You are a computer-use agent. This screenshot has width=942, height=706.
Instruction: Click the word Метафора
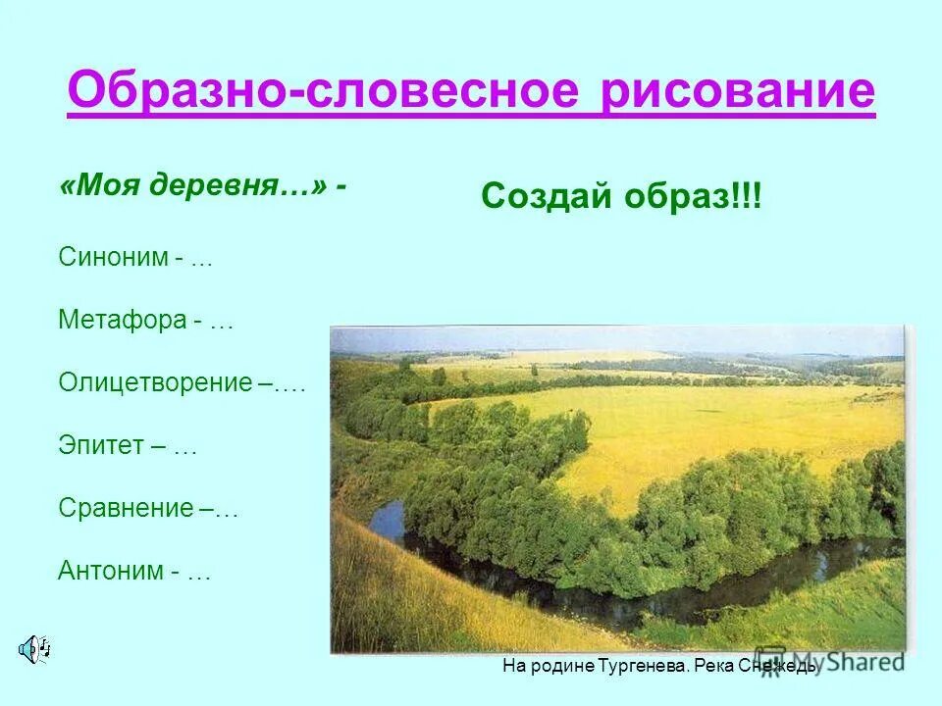click(x=119, y=321)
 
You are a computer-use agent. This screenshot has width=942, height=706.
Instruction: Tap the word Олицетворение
click(x=155, y=382)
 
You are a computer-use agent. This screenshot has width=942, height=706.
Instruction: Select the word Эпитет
click(x=99, y=446)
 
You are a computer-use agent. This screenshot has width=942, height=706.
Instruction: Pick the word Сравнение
click(x=126, y=508)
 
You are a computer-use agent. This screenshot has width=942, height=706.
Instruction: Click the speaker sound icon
click(x=35, y=647)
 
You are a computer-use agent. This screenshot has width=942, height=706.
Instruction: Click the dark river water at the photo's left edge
click(x=387, y=521)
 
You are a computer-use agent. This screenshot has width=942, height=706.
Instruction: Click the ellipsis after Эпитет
click(x=185, y=448)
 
